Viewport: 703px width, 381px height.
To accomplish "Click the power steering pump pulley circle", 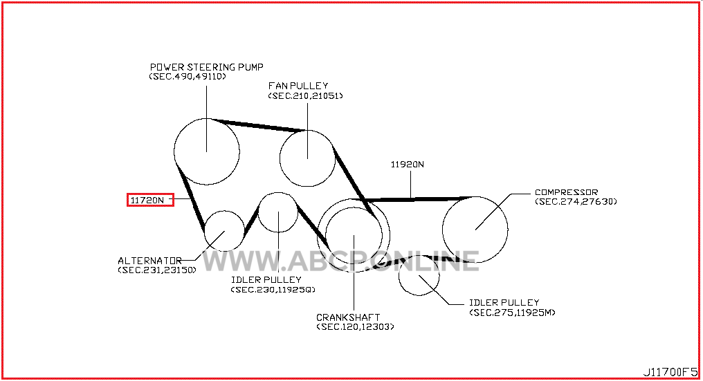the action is tap(174, 151).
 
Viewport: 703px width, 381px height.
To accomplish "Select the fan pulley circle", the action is tap(280, 158).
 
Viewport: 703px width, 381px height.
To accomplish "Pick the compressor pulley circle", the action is tap(443, 230).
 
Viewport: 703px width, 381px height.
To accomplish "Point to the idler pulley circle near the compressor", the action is tap(399, 275).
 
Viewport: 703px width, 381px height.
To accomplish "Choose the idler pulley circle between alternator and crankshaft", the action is tap(259, 212).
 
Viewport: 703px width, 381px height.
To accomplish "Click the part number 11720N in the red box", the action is tap(147, 201).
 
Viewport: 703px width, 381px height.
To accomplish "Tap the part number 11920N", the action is tap(407, 165).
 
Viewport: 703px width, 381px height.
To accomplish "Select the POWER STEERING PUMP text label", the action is tap(207, 67).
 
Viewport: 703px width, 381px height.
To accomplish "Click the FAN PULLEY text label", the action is tap(298, 86).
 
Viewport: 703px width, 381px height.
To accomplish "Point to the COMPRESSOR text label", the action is tap(566, 192).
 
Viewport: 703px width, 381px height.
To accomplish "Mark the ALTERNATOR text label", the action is tap(149, 261).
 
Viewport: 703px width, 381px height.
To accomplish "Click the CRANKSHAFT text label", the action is tap(348, 317).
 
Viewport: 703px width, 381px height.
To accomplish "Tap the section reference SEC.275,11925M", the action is tap(512, 313).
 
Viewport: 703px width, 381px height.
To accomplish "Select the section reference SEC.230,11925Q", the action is tap(273, 290).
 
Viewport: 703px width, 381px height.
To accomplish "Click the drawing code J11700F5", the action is tap(670, 372).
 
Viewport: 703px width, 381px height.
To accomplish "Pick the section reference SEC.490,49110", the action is tap(188, 77).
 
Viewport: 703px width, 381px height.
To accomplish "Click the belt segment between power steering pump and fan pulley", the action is tap(259, 125).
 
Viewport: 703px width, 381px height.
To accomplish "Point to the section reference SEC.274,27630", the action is tap(576, 202).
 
